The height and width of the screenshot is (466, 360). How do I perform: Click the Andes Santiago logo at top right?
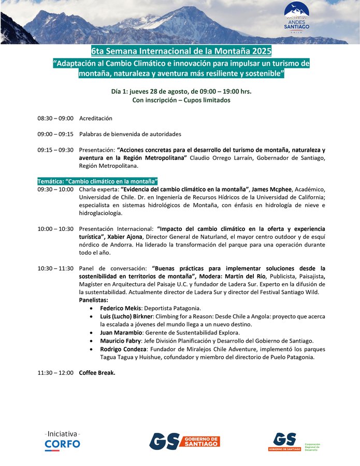coord(296,17)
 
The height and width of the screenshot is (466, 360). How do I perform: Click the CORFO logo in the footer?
coord(62,440)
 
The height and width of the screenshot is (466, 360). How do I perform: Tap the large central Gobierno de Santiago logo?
coord(184,441)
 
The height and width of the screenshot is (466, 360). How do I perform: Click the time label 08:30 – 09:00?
coord(55,119)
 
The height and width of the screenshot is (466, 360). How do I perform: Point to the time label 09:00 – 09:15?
coord(55,134)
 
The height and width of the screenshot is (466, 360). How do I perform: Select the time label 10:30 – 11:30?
coord(55,268)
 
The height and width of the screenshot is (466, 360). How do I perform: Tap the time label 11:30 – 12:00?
coord(55,372)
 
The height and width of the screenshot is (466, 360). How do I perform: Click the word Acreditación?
coord(96,119)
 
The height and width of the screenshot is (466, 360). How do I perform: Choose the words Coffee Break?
coord(97,372)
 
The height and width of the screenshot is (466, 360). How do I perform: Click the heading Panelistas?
coord(94,300)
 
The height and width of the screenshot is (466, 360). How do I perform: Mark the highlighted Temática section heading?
coord(97,181)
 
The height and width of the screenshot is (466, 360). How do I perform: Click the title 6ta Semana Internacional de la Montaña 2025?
coord(181,51)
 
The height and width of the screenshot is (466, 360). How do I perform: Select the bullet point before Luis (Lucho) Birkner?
coord(92,316)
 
